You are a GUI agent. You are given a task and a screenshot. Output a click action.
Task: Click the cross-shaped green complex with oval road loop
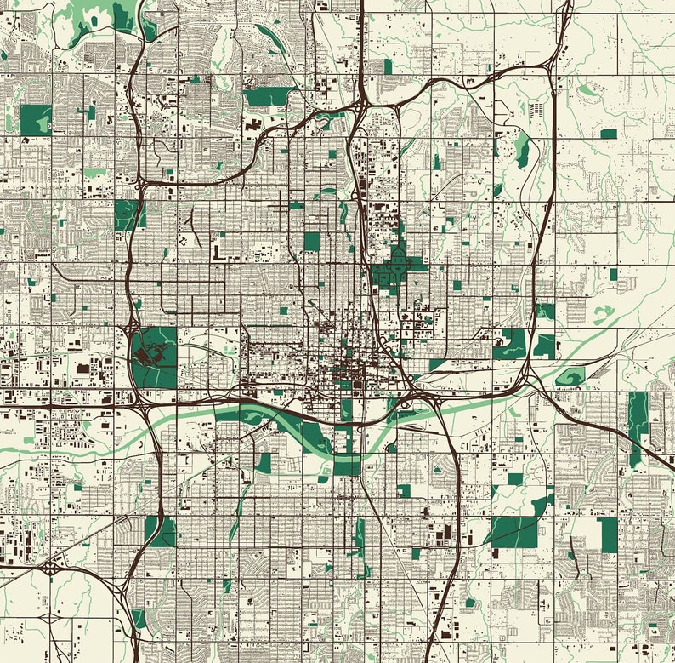click(396, 271)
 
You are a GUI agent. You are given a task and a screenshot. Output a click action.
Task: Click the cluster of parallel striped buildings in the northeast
click(536, 110)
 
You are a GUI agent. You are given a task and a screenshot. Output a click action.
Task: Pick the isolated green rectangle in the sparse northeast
click(608, 134)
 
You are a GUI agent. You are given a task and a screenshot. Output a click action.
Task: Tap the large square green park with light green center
click(36, 120)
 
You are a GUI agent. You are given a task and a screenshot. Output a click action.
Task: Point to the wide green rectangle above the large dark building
click(266, 97)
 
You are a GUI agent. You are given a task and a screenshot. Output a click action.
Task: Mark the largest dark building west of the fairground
click(82, 369)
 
